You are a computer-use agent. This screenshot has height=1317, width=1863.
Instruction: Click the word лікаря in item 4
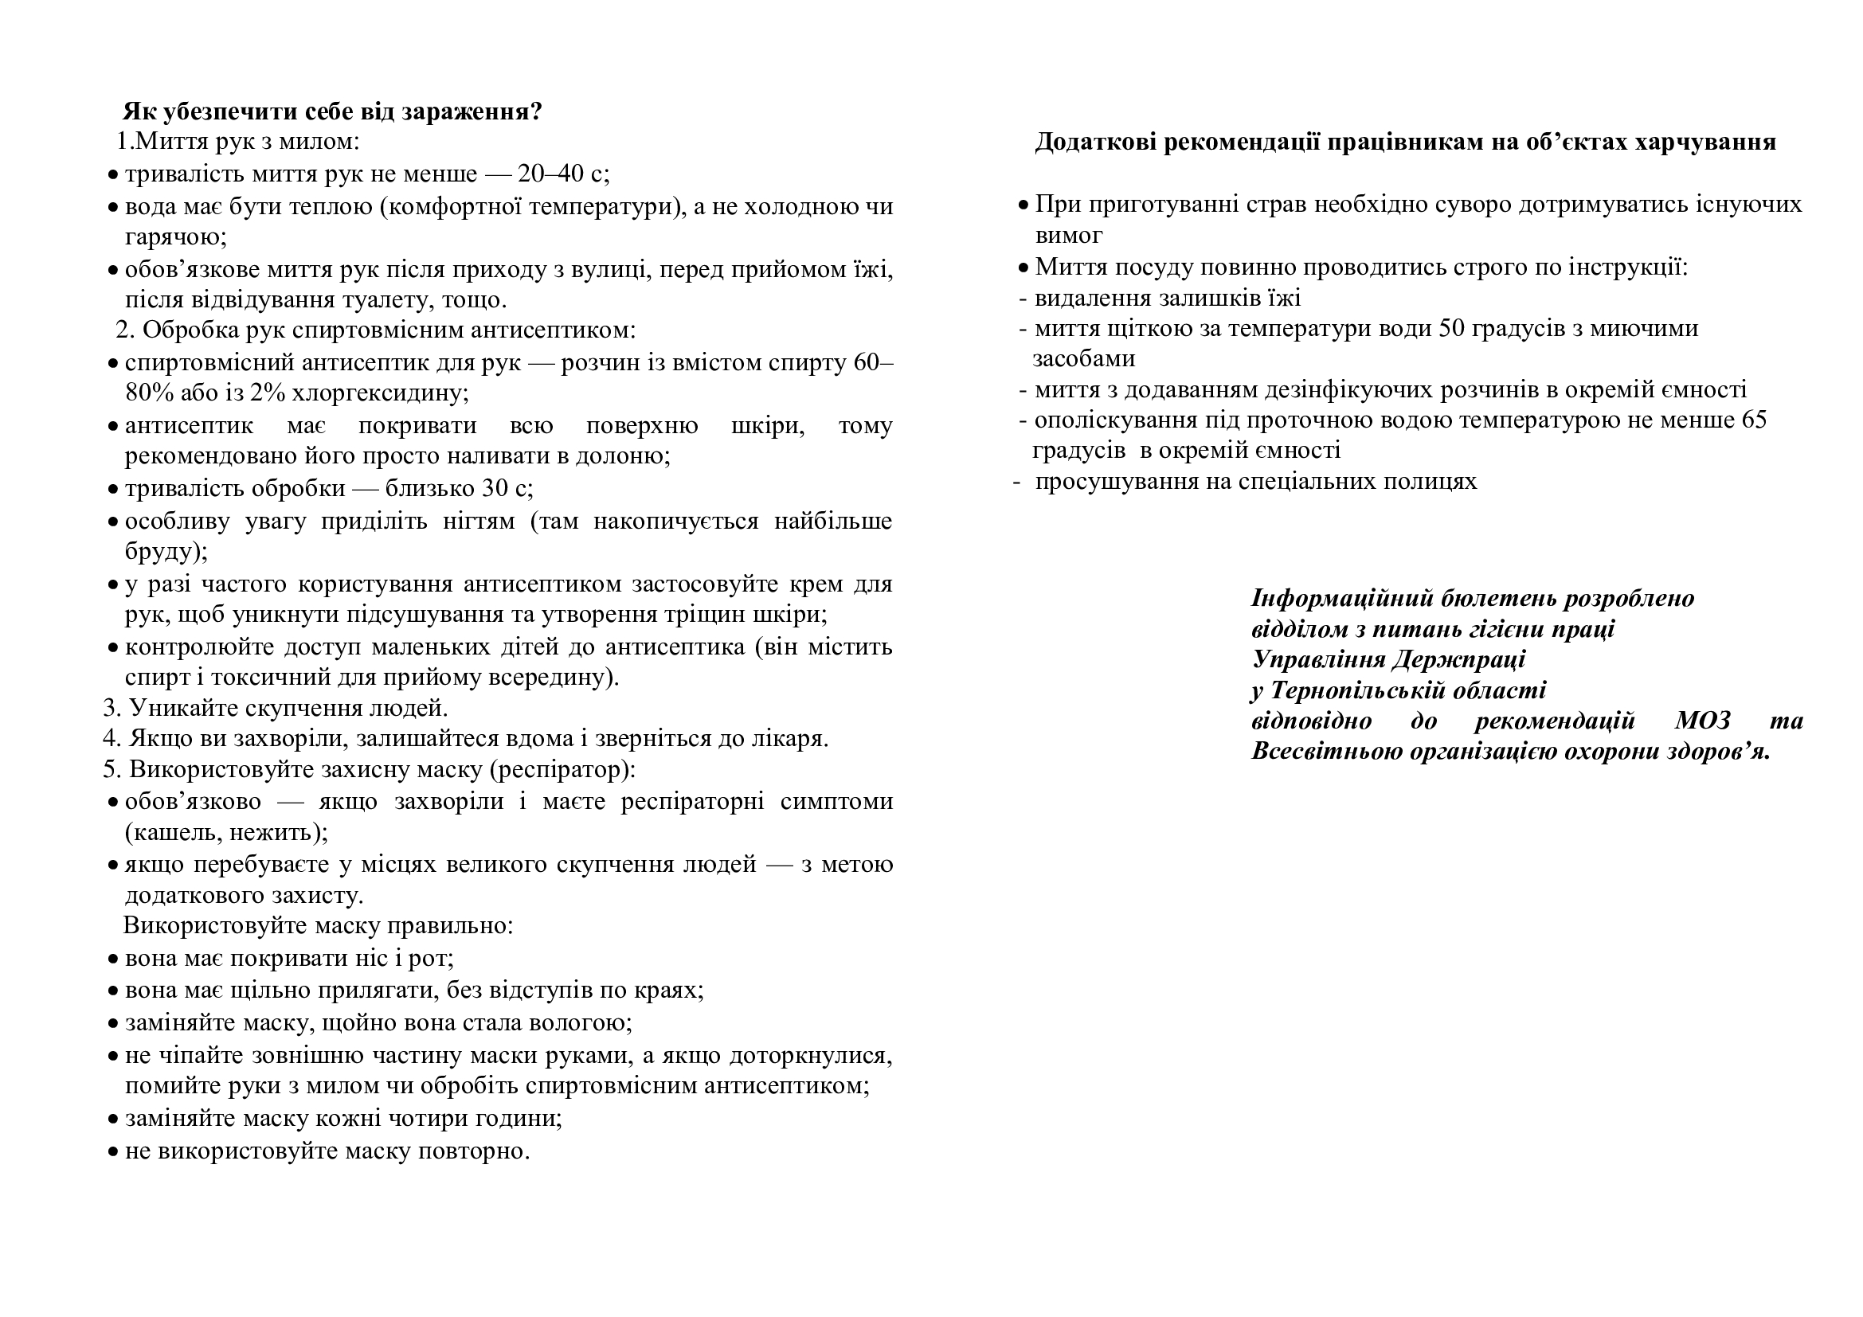[789, 739]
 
